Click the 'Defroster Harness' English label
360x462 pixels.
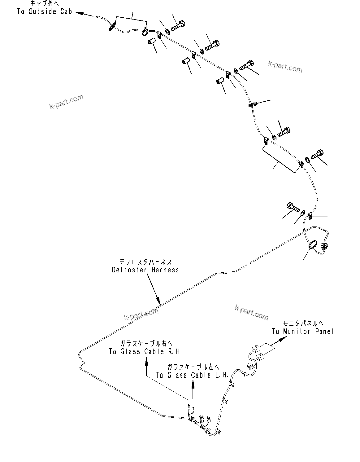[145, 270]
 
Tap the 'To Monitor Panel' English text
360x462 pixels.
[303, 332]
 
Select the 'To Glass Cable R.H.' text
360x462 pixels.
[145, 352]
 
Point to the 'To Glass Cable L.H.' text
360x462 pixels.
[192, 375]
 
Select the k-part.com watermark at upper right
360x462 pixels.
[285, 66]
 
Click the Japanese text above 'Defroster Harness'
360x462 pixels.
[145, 262]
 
